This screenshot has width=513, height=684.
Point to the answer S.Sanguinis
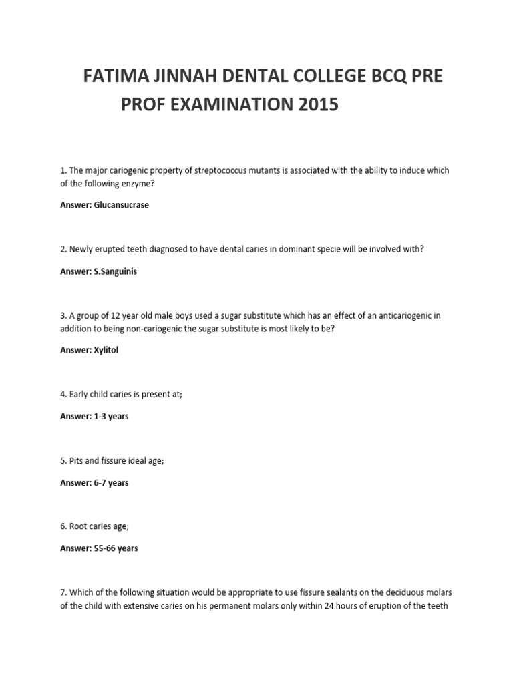(116, 272)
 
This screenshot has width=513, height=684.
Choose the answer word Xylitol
(106, 350)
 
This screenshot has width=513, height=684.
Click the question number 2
(63, 249)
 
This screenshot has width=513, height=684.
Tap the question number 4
(63, 394)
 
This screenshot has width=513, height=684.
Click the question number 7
(63, 592)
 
